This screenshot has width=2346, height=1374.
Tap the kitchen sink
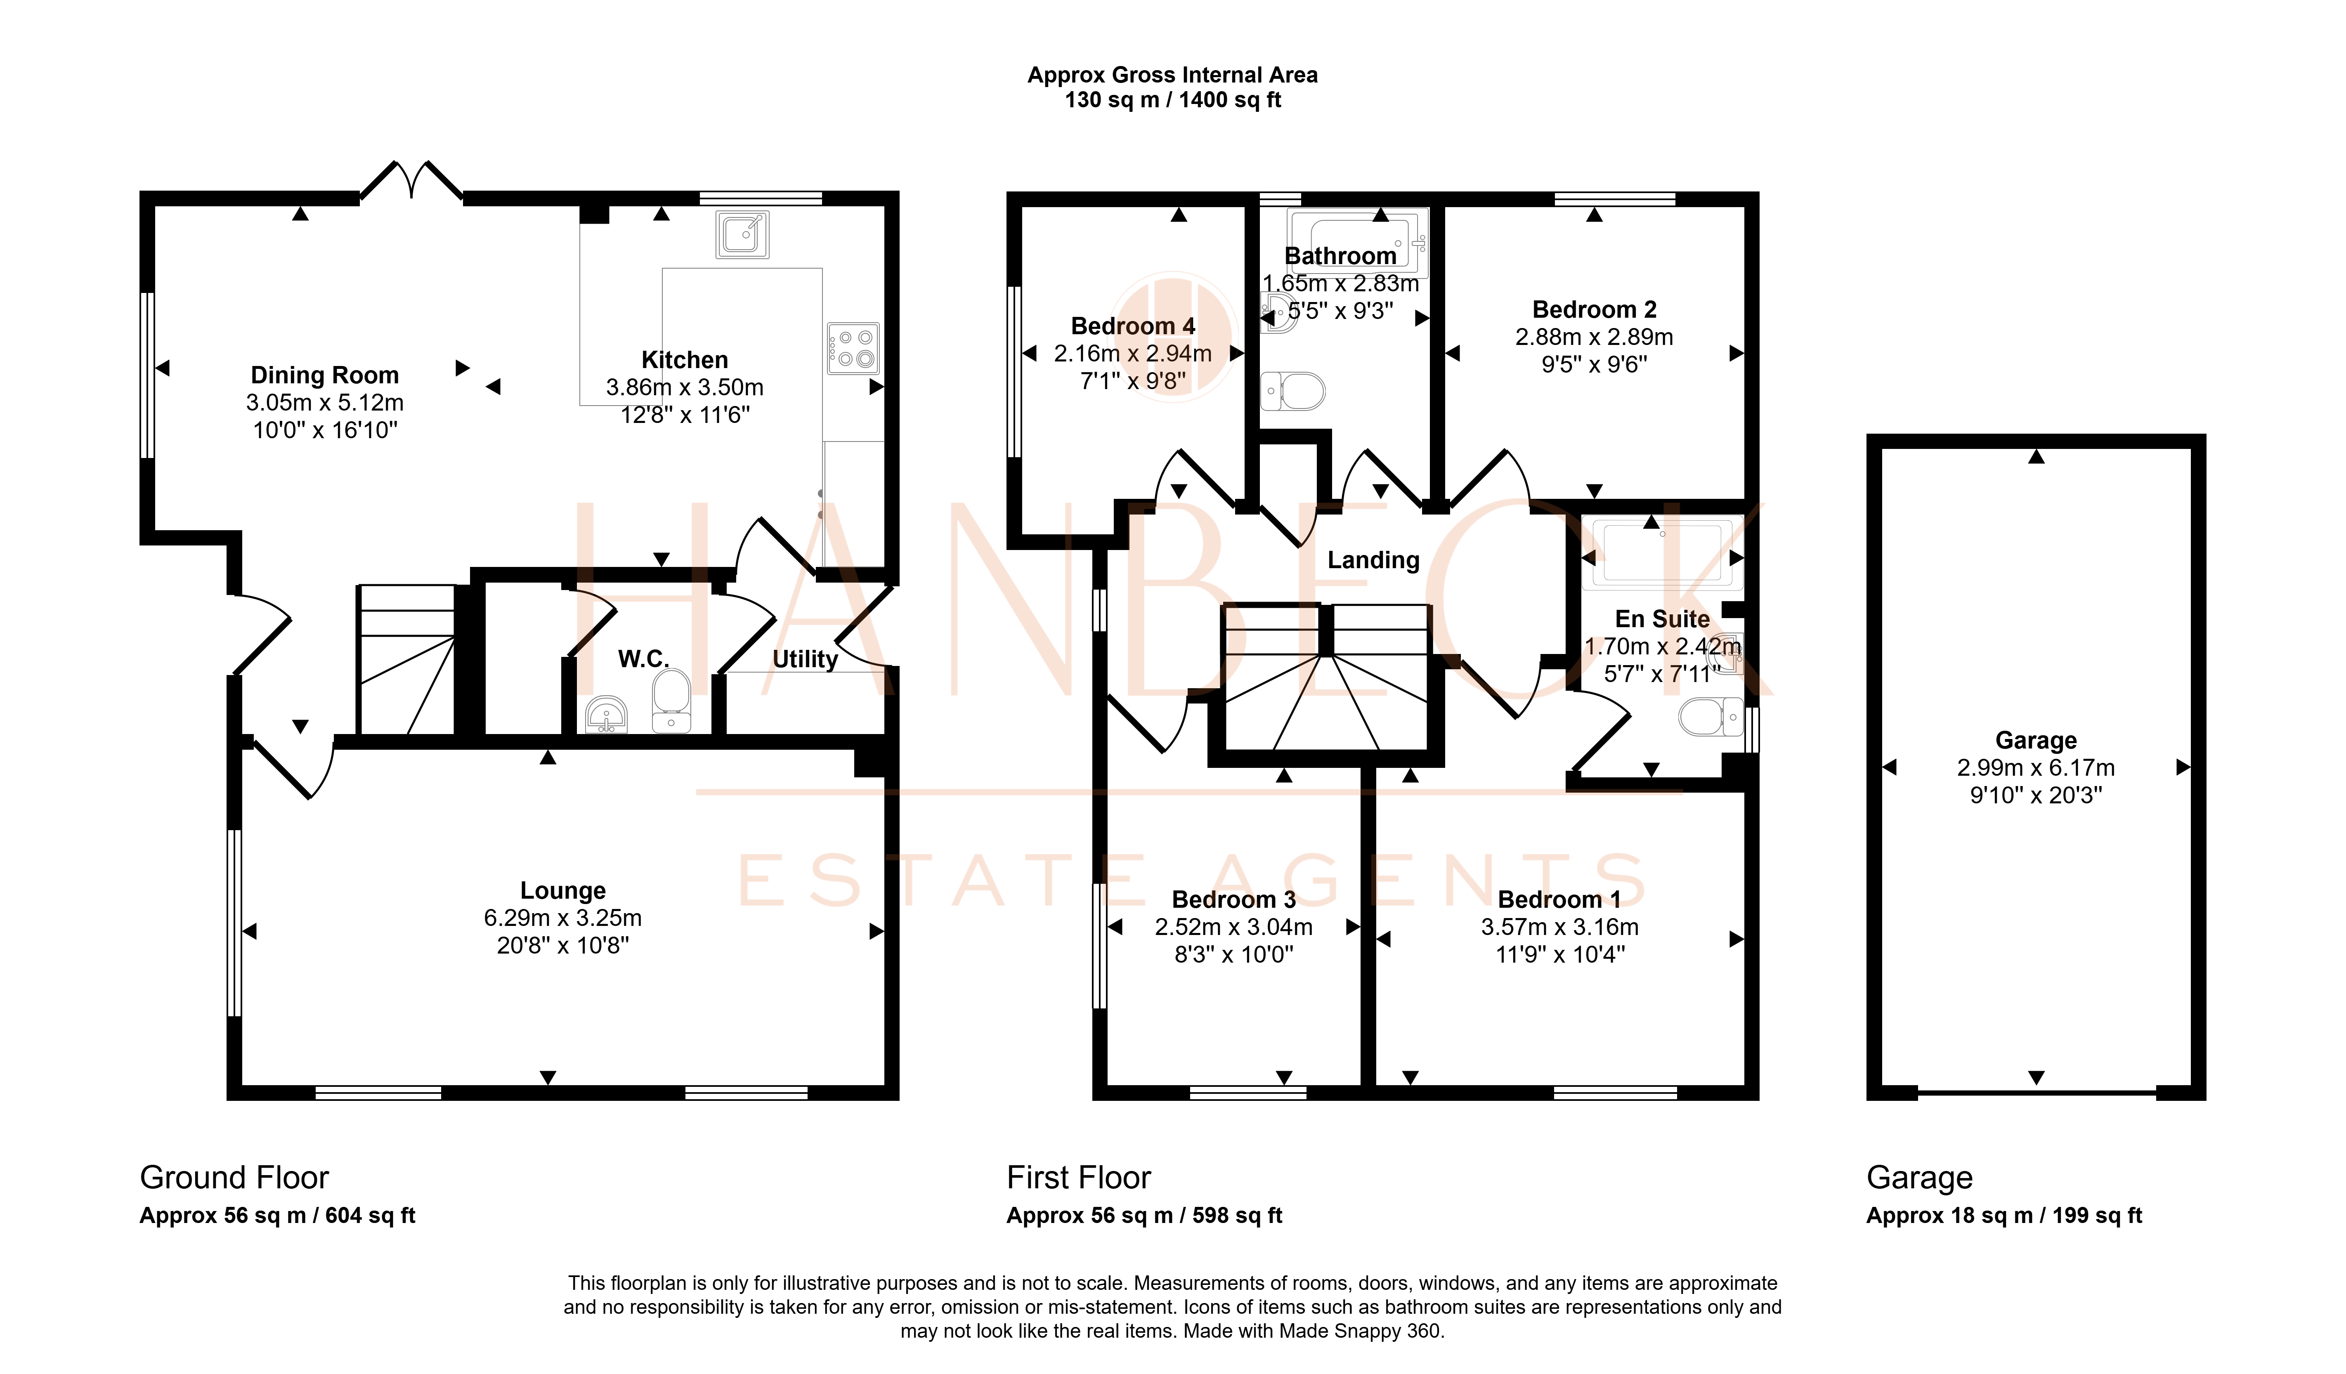[x=742, y=234]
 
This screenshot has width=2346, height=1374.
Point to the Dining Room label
[x=325, y=375]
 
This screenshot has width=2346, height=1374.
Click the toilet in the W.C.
[x=671, y=701]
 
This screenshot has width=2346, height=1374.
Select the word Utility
[x=805, y=659]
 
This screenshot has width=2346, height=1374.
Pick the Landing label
[x=1373, y=560]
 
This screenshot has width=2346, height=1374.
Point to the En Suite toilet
[x=1710, y=717]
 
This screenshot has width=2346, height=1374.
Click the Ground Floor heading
[x=234, y=1178]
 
